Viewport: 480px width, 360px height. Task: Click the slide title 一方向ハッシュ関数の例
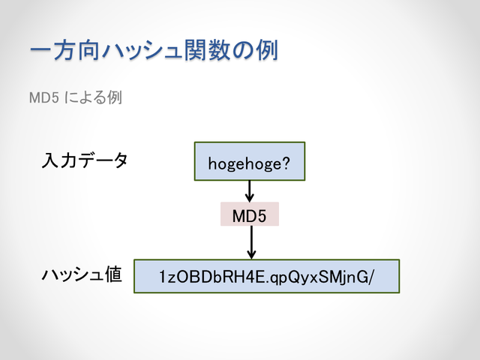154,50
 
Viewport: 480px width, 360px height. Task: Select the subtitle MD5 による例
76,97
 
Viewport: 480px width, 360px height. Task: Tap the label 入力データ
85,160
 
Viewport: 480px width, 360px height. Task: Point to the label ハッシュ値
82,274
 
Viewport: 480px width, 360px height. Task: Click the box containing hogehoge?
250,161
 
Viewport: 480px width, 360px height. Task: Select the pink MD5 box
250,214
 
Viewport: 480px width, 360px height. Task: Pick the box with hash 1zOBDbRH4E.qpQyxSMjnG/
267,276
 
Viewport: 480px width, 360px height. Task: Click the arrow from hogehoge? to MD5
250,191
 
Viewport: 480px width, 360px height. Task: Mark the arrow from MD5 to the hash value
251,242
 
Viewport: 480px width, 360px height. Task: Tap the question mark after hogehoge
285,163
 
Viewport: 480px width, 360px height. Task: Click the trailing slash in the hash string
371,277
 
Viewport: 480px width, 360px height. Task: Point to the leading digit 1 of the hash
163,277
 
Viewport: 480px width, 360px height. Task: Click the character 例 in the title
267,50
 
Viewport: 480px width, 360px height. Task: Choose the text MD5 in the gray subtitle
43,98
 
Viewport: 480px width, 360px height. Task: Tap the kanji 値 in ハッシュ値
113,274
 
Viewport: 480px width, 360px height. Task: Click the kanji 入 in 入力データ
50,160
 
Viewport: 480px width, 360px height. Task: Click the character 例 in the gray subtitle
115,97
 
